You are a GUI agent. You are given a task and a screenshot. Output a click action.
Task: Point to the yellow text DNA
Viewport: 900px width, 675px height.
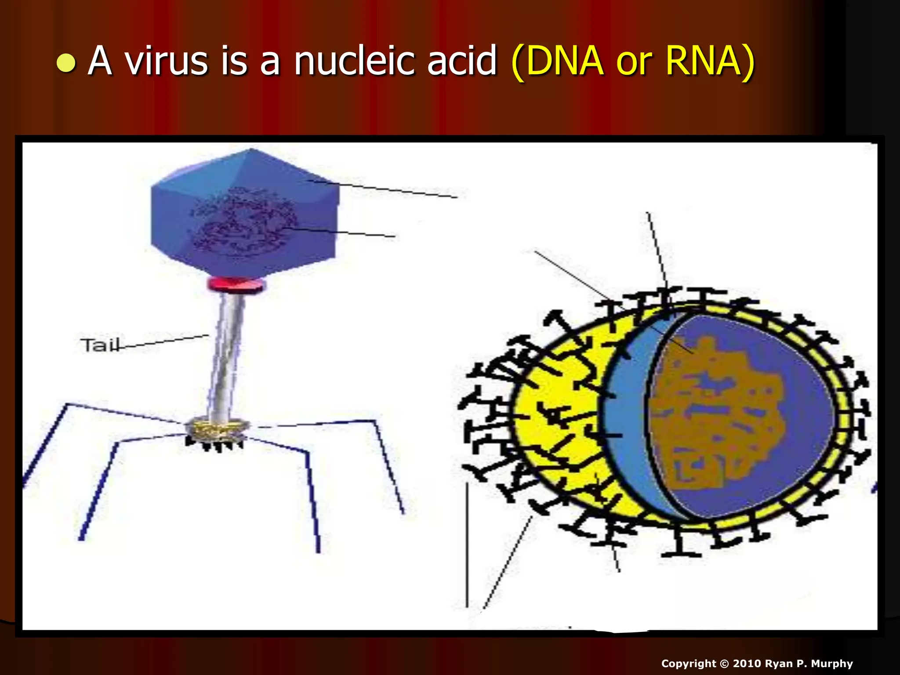coord(564,61)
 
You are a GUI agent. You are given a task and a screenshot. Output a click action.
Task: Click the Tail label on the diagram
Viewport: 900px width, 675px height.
coord(99,345)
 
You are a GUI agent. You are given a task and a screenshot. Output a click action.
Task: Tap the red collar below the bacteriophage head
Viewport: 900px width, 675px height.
coord(236,284)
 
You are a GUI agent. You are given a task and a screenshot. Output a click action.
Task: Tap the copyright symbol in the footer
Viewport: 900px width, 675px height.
coord(724,664)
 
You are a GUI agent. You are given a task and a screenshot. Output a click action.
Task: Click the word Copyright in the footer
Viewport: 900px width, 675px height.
coord(688,664)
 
